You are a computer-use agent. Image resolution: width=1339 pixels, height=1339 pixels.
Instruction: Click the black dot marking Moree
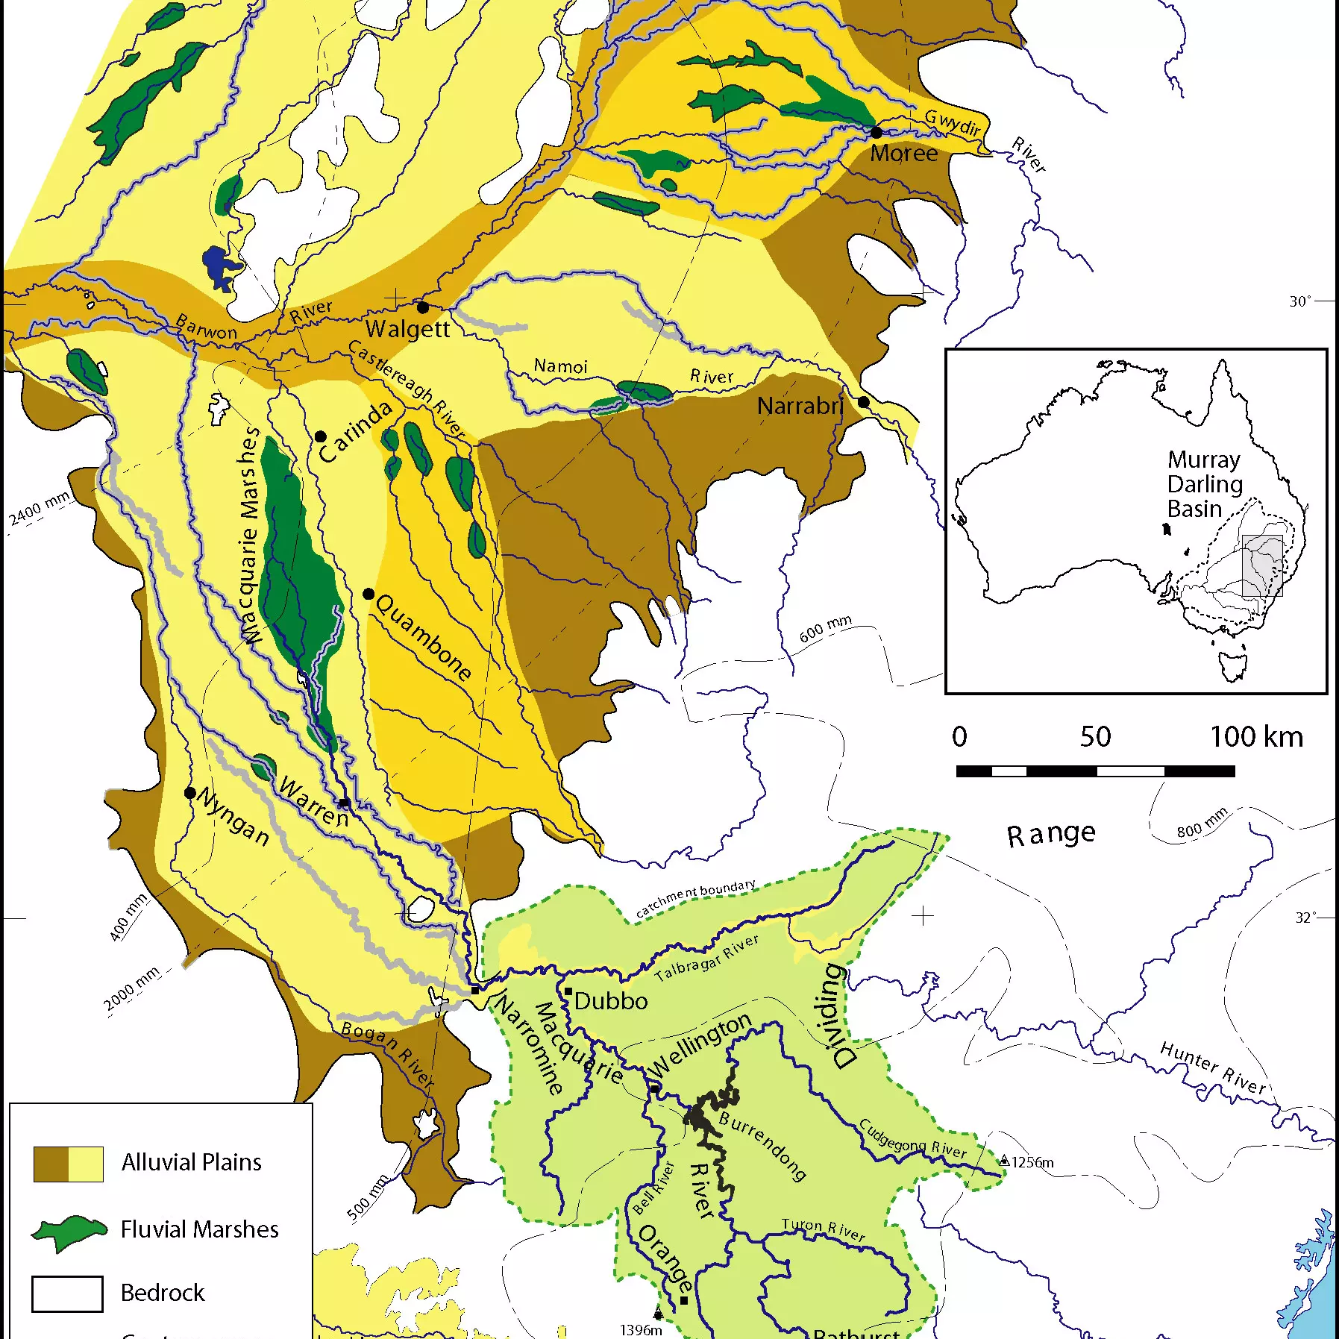(x=877, y=133)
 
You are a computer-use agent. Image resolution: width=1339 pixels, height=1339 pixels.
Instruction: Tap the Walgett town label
(x=407, y=329)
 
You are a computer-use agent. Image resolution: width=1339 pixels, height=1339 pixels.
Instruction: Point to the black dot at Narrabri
(x=864, y=402)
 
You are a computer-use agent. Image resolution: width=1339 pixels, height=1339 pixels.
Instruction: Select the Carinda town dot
(x=321, y=436)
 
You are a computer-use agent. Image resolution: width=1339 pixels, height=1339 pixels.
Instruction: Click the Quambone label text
(x=423, y=637)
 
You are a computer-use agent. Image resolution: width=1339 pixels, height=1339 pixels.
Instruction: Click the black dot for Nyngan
(x=190, y=793)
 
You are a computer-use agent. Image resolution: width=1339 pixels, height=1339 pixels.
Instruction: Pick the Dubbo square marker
(x=568, y=992)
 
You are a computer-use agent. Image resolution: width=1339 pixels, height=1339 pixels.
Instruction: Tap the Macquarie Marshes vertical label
(x=251, y=536)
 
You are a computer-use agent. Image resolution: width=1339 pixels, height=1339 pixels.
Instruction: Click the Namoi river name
(x=561, y=366)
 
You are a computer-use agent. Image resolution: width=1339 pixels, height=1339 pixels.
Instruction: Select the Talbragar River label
(x=706, y=959)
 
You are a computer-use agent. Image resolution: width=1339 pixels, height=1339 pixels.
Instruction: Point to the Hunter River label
(x=1213, y=1069)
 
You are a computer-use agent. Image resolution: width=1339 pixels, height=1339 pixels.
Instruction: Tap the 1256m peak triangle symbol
(x=1005, y=1161)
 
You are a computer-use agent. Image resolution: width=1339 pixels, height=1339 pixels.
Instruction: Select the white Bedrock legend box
(x=67, y=1293)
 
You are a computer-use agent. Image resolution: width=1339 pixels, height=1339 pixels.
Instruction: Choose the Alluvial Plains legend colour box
(x=69, y=1164)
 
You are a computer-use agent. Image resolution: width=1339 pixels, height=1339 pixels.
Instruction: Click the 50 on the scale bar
(x=1095, y=737)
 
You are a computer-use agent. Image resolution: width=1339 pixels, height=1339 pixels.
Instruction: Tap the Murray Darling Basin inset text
(x=1204, y=484)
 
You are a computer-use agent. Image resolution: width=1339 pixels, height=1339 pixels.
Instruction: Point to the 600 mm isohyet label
(x=825, y=630)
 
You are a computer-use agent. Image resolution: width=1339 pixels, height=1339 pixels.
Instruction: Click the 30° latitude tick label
(x=1299, y=301)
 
